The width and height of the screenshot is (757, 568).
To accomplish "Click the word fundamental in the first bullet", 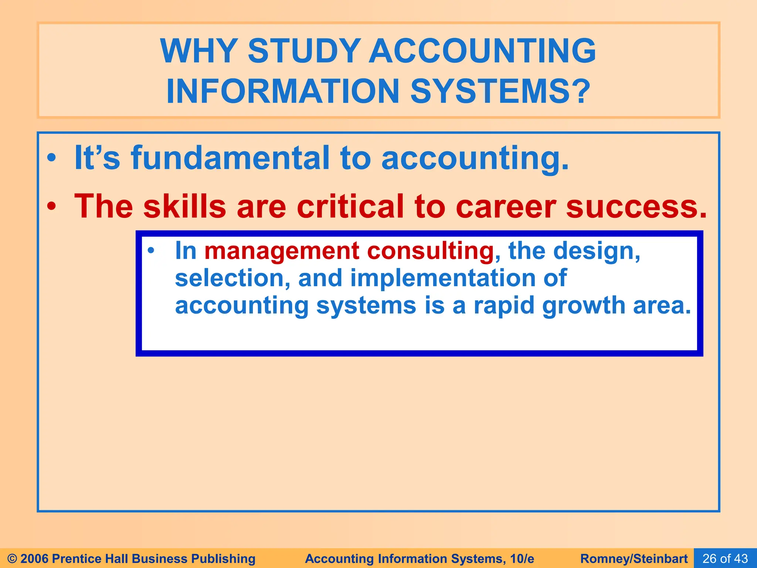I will [x=230, y=158].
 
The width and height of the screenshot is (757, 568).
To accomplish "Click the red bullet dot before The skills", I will [x=52, y=207].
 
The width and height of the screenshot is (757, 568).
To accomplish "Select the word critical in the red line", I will [x=350, y=207].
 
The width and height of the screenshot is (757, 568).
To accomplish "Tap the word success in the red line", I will [x=636, y=207].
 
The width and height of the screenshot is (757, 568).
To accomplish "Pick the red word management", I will [x=282, y=251].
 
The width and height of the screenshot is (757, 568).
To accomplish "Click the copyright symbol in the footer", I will [x=12, y=558].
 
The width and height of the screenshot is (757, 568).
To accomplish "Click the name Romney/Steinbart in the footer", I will [x=634, y=558].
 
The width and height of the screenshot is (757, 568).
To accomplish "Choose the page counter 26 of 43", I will [x=725, y=558].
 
